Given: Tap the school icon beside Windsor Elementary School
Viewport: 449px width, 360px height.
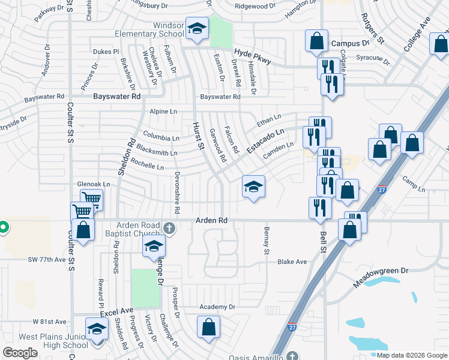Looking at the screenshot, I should tap(196, 29).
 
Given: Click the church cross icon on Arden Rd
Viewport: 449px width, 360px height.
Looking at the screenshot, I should tap(169, 227).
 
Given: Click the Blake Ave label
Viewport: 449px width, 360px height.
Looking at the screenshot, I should tap(292, 262).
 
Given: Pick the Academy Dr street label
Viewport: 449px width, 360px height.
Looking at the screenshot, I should tap(218, 307).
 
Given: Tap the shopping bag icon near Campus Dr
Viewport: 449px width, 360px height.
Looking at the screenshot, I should tap(316, 41).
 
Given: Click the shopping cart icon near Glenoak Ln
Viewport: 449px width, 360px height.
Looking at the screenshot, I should tap(91, 199).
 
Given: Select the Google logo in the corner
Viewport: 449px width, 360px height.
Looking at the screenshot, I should tap(20, 352).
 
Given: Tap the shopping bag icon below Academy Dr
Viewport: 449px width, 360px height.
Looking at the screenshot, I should tap(208, 327).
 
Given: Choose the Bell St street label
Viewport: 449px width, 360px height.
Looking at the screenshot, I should tap(323, 241).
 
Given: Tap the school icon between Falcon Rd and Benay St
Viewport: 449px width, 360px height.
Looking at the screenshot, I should tap(253, 187).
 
